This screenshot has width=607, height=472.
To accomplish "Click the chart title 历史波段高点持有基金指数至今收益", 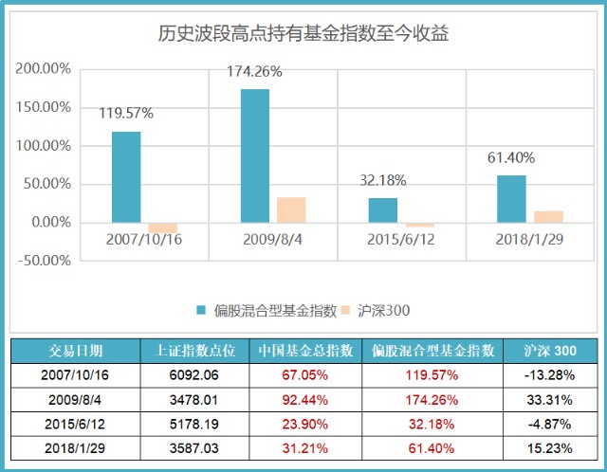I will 303,35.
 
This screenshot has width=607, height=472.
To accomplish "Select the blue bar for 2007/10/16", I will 126,177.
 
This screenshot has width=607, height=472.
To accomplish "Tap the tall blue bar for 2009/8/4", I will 255,156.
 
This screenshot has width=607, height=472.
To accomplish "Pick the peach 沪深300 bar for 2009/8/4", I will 291,210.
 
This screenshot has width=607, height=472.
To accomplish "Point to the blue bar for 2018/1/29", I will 511,199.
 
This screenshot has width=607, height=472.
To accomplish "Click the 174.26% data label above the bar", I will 254,71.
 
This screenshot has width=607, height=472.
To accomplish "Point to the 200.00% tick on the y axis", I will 44,69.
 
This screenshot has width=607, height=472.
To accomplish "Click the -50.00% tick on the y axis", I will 44,261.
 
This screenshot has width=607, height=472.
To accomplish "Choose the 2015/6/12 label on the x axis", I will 401,239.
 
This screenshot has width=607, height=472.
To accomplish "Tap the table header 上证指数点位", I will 194,350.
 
